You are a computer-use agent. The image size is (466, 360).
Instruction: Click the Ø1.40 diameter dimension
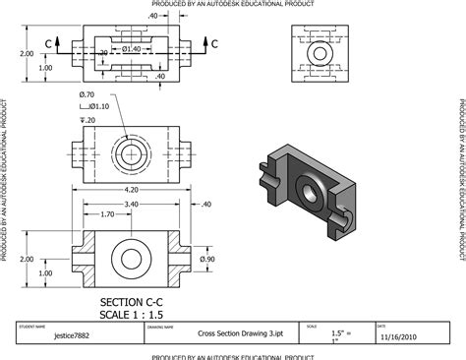pyautogui.click(x=132, y=47)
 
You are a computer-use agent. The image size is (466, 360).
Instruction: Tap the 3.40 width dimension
pyautogui.click(x=132, y=206)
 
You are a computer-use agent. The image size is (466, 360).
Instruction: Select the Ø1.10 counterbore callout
pyautogui.click(x=98, y=106)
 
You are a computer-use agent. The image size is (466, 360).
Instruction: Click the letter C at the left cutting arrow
pyautogui.click(x=48, y=43)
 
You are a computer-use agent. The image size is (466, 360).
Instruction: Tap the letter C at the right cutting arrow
pyautogui.click(x=214, y=43)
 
